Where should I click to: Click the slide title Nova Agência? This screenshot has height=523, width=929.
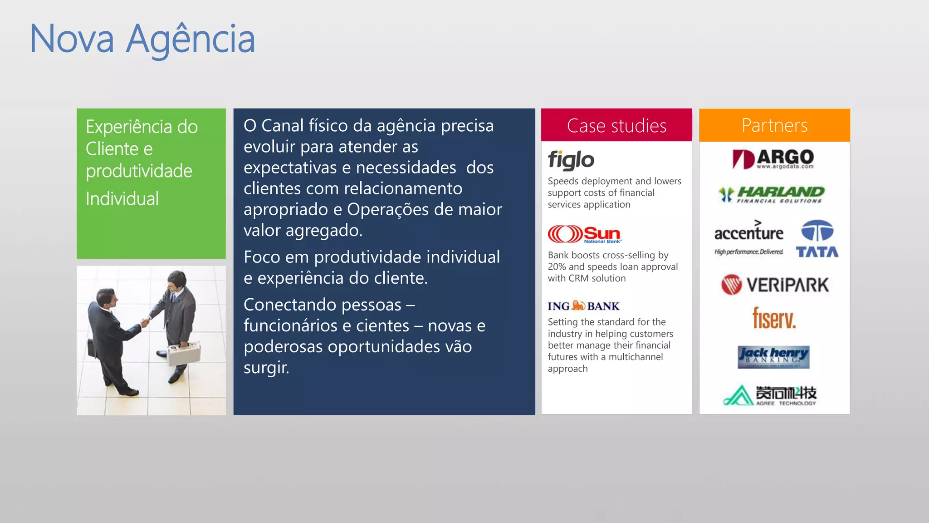pos(142,39)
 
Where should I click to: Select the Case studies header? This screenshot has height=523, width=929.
pos(616,126)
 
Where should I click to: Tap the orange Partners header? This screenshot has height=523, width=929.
pos(774,125)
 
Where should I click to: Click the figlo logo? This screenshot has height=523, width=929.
pos(571,160)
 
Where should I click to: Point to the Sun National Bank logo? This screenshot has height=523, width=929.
pos(585,234)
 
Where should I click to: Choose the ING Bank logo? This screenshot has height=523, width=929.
pos(583,306)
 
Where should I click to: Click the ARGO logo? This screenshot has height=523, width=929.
pos(773,159)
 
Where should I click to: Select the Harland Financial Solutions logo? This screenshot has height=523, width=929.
pos(772,195)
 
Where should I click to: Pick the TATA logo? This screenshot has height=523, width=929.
pos(817,239)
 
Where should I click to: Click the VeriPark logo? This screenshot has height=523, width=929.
pos(775,285)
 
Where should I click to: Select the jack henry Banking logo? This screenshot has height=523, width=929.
pos(773,357)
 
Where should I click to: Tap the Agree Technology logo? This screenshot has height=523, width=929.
pos(770,395)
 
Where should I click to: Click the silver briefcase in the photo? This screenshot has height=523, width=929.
pos(184,353)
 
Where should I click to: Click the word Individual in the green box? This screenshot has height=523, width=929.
pos(122,199)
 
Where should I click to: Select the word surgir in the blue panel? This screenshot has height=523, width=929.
pos(266,367)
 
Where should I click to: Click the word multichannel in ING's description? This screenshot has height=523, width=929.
pos(636,357)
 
